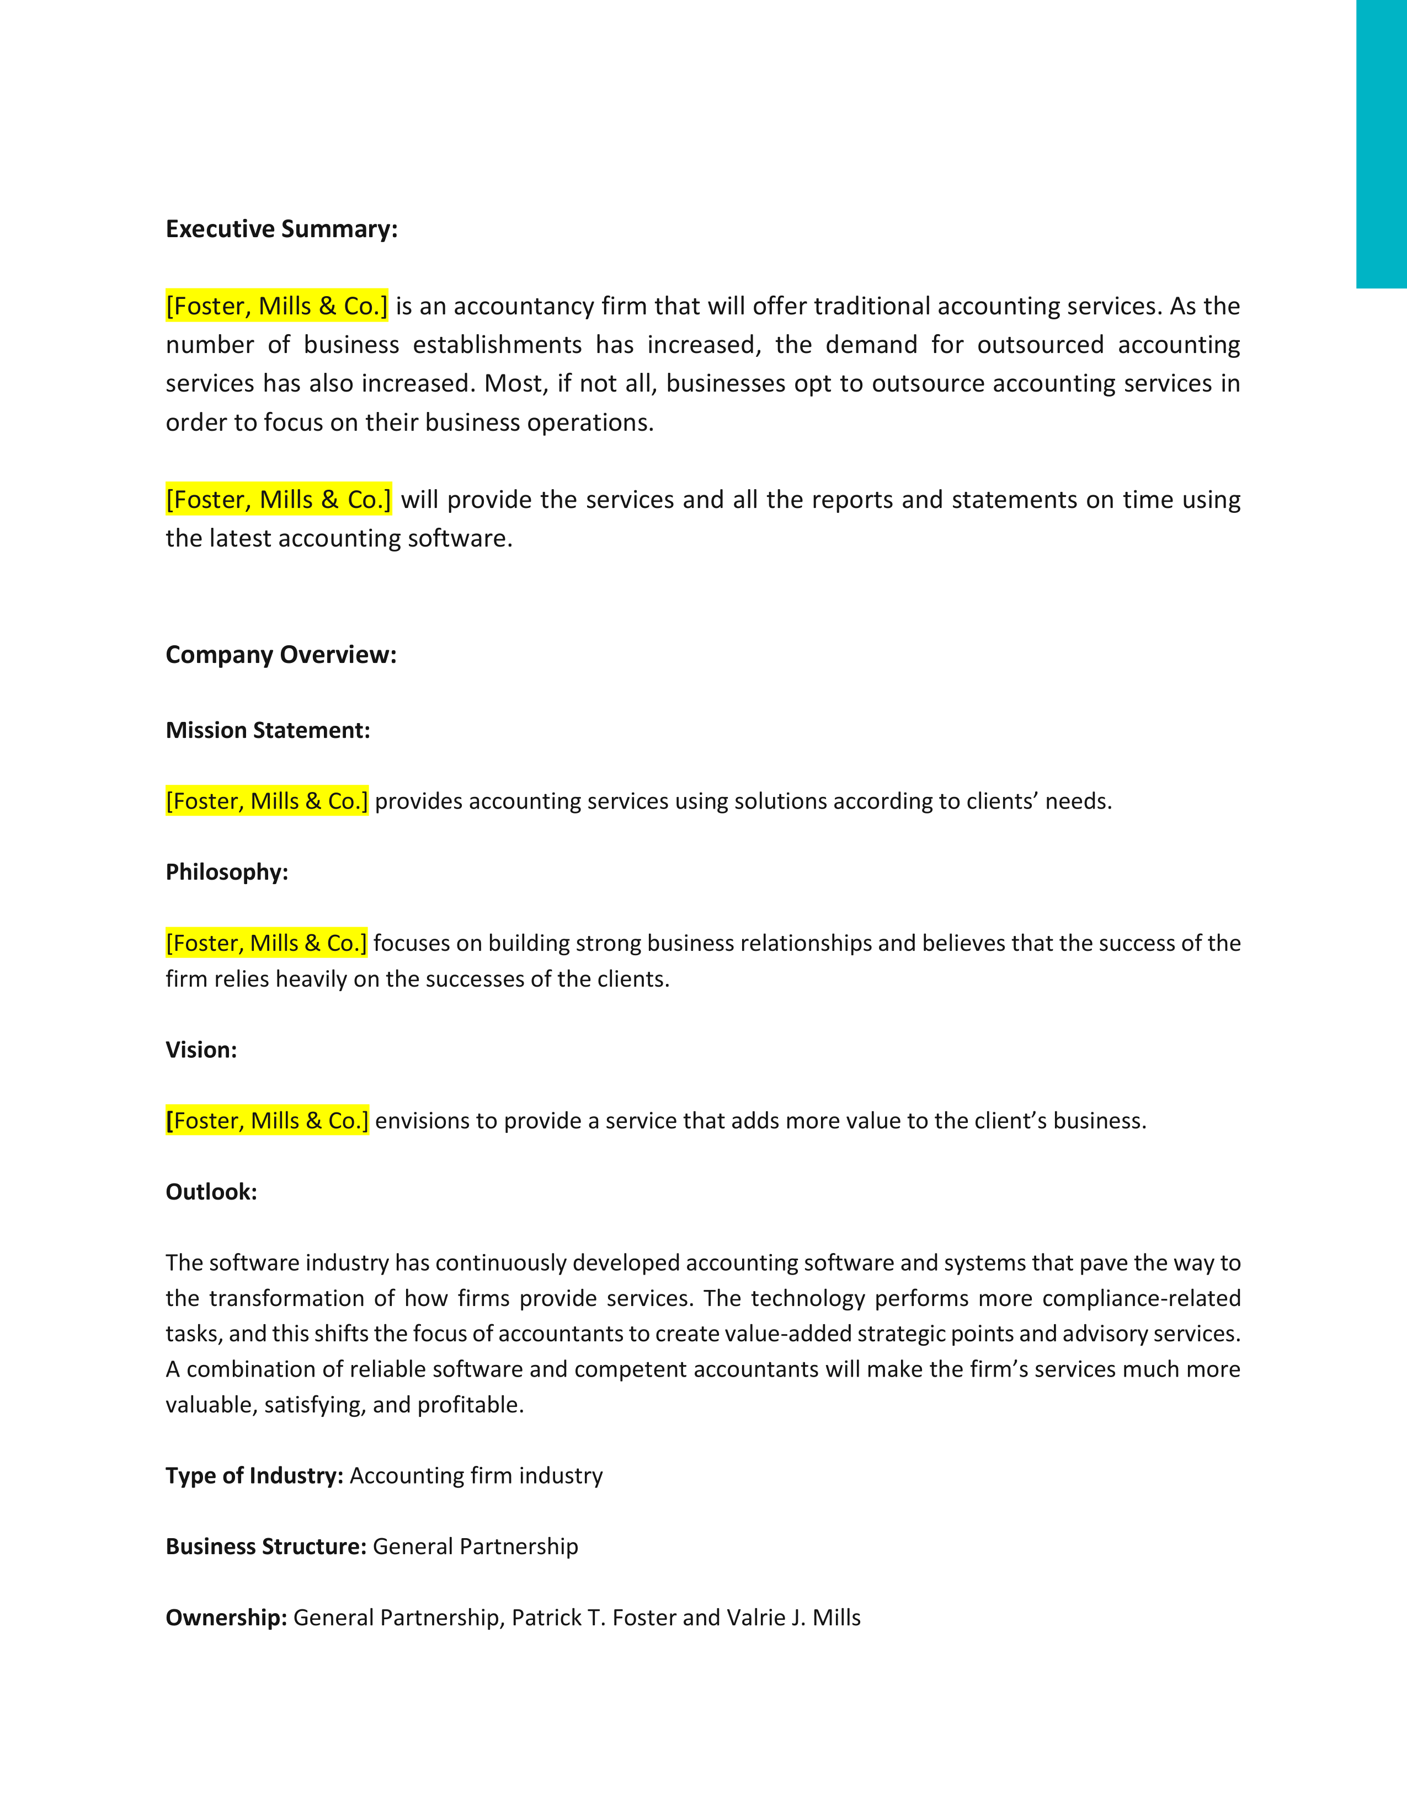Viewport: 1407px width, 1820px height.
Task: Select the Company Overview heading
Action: [x=281, y=655]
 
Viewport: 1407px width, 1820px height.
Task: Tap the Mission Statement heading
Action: [x=268, y=731]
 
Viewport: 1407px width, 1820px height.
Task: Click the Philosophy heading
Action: [x=227, y=872]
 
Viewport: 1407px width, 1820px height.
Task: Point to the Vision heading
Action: [x=201, y=1050]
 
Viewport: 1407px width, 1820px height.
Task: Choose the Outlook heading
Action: [x=211, y=1192]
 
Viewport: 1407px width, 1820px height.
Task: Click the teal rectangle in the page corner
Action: [x=1381, y=143]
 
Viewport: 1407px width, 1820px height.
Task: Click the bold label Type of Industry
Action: [x=254, y=1476]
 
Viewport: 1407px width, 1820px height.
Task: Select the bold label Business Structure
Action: [x=266, y=1546]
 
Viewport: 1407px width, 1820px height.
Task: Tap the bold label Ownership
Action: [x=226, y=1618]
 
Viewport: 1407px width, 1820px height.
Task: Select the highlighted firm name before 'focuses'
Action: [x=267, y=943]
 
